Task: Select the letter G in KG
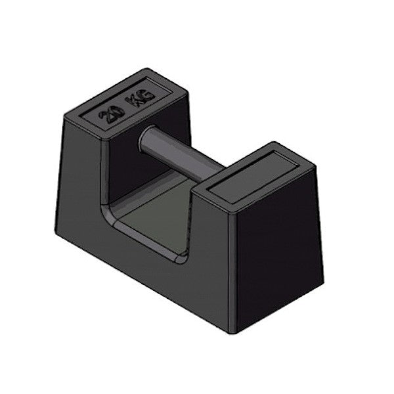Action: (x=147, y=96)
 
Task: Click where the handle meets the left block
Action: (x=143, y=135)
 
